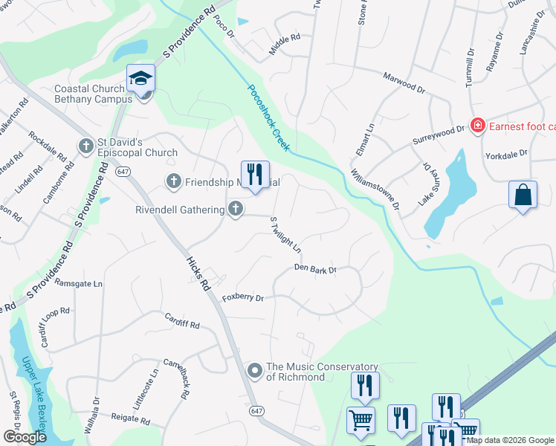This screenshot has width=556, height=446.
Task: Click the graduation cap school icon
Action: (x=140, y=78)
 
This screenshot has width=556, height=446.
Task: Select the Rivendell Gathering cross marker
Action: (x=235, y=209)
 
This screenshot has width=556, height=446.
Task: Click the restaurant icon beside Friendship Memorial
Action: (x=254, y=175)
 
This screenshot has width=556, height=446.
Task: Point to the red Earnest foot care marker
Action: (x=477, y=126)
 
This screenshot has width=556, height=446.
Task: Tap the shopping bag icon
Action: (x=523, y=195)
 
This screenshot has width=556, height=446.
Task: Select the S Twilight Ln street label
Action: (x=285, y=234)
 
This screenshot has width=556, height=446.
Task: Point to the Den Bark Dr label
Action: (x=315, y=268)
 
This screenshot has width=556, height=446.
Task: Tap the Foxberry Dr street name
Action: (x=242, y=298)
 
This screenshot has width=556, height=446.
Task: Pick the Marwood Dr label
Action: (x=404, y=81)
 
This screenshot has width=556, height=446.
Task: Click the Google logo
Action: (x=25, y=437)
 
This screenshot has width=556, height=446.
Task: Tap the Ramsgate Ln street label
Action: (x=78, y=284)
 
